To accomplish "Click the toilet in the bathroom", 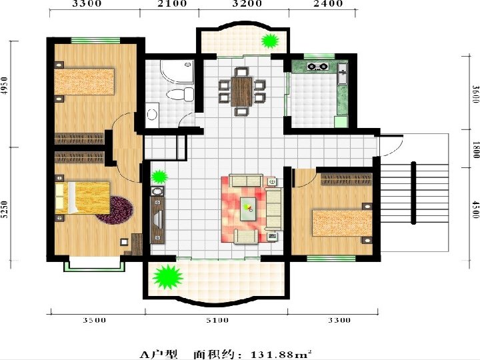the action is click(x=181, y=94).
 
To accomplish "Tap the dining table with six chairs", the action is click(x=241, y=92).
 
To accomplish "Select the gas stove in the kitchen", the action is click(x=318, y=66).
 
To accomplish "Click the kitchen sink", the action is click(x=343, y=73).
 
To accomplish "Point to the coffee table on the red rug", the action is click(x=248, y=209).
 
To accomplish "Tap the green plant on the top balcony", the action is click(x=270, y=41).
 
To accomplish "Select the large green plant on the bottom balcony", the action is click(x=167, y=277).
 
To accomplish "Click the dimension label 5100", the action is click(x=217, y=320).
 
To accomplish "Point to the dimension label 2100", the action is click(x=173, y=4).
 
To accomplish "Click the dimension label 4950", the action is click(x=4, y=85).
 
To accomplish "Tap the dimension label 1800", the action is click(x=476, y=149).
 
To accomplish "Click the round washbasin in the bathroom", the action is click(x=152, y=115).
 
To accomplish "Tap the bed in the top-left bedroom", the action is click(x=84, y=82).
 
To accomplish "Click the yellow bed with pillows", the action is click(x=83, y=198).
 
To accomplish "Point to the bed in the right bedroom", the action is click(x=342, y=223).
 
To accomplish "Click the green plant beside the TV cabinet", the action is click(x=159, y=177).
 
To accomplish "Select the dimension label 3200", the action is click(x=247, y=4).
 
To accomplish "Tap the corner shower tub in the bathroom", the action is click(x=177, y=71).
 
